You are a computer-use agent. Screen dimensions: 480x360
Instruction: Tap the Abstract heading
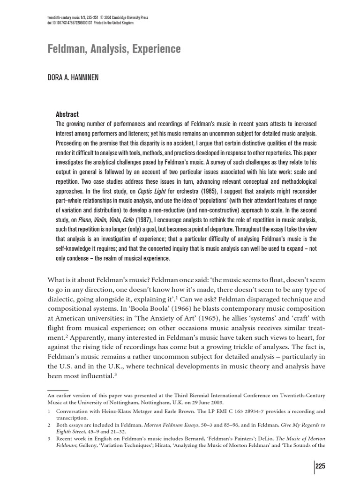(67, 114)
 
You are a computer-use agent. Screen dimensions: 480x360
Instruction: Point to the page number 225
(320, 466)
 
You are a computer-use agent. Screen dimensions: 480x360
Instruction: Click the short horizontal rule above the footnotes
(58, 390)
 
